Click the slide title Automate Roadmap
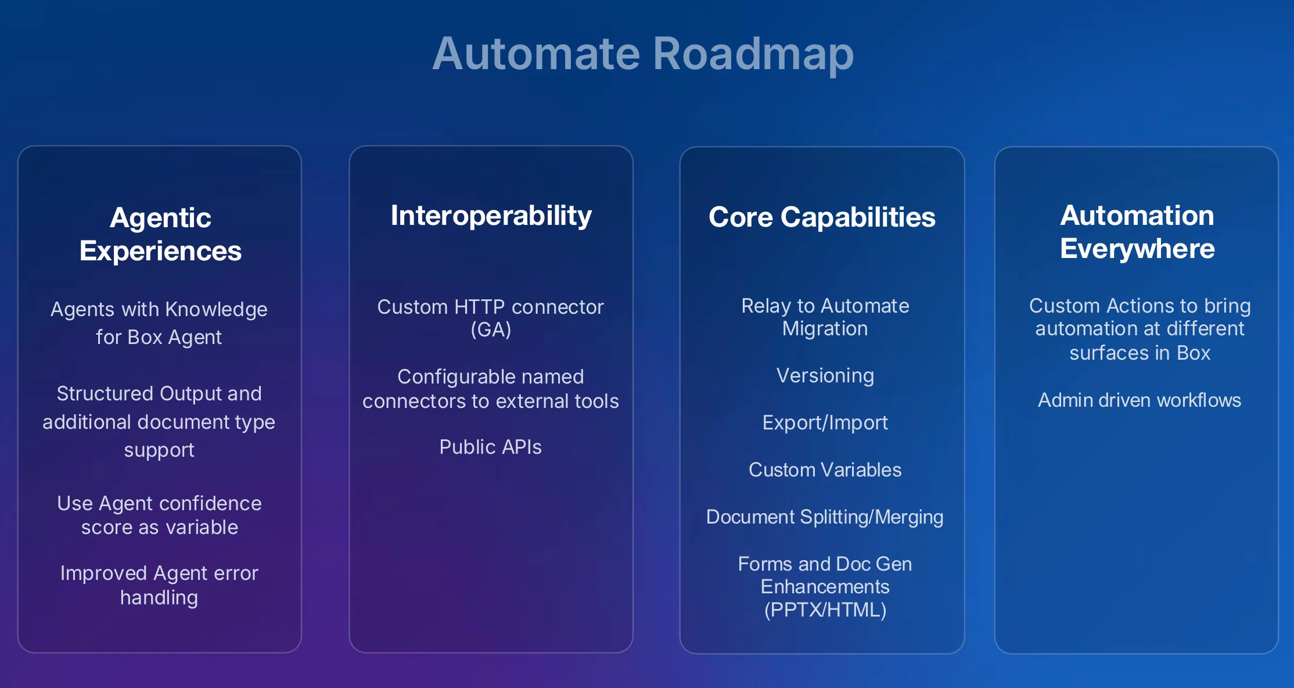click(643, 53)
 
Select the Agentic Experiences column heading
click(160, 234)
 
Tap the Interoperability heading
click(491, 216)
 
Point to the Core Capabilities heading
click(822, 217)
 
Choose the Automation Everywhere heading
click(1137, 232)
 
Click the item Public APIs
click(490, 447)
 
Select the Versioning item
click(825, 375)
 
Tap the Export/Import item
click(825, 422)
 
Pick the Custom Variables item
click(825, 470)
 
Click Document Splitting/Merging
click(825, 517)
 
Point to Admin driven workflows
click(1139, 400)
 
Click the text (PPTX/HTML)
click(825, 610)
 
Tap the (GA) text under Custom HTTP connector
click(491, 329)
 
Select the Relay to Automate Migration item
click(825, 317)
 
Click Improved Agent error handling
click(159, 585)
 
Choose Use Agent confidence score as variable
click(159, 515)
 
